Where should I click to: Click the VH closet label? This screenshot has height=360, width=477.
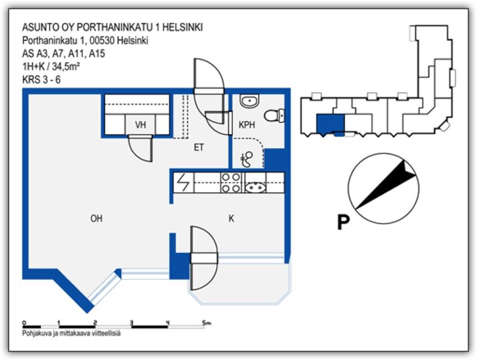coord(140,125)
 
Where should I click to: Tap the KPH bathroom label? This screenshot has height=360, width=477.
coord(247,125)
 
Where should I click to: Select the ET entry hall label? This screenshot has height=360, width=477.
coord(198,148)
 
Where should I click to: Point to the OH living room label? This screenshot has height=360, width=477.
coord(96,219)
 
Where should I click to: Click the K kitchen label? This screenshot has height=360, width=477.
coord(231,219)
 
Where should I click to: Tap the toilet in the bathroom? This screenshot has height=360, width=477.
coord(274,116)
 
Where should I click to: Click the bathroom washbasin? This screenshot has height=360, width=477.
coord(249,101)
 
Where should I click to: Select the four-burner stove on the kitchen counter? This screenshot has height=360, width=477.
coord(231,183)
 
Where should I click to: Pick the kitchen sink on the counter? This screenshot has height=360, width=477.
coord(258,183)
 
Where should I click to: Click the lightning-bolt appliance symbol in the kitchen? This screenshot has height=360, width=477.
coord(184,183)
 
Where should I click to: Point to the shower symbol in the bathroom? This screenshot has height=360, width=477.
coord(246,159)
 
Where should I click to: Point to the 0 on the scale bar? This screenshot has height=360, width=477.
coord(24,323)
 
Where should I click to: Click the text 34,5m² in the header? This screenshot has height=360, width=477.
coord(63,67)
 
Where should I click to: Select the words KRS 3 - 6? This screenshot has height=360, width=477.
coord(41,79)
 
